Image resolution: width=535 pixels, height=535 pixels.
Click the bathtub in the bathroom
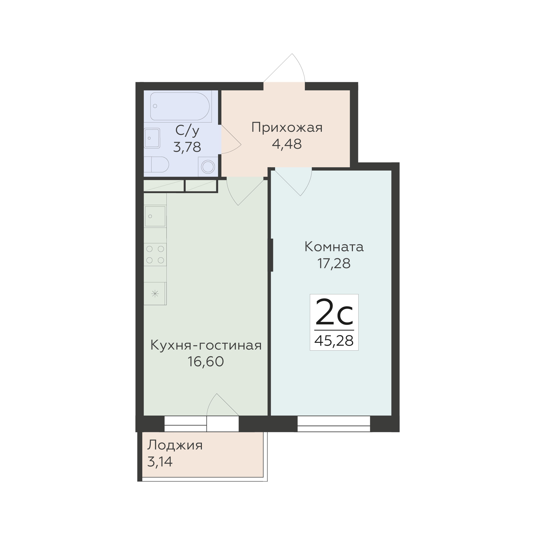(180, 106)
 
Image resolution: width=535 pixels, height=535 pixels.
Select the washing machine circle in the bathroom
(208, 167)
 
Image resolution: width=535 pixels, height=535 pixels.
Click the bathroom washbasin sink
(152, 138)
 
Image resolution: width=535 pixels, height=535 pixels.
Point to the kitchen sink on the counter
(155, 216)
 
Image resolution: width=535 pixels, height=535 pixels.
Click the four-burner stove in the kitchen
(155, 255)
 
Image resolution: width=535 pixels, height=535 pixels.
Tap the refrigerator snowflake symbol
(155, 294)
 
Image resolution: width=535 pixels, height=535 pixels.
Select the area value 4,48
(287, 144)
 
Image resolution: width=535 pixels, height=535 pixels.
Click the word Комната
(334, 247)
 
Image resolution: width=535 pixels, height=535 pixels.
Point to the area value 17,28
(334, 263)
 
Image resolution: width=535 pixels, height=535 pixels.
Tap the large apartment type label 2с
(334, 312)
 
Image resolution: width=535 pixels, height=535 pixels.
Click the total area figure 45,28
(334, 341)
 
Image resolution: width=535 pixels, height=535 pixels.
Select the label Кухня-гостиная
(206, 345)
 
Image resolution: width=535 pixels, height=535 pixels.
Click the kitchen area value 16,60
(206, 361)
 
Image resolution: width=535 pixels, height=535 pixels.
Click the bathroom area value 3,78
(187, 147)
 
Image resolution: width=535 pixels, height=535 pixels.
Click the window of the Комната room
(334, 424)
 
